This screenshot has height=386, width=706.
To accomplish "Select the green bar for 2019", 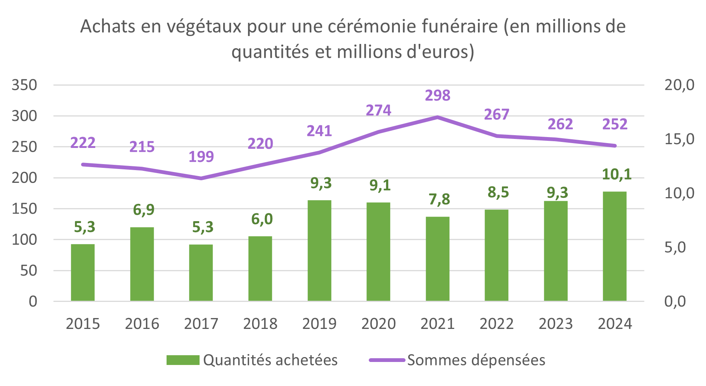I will click(319, 250).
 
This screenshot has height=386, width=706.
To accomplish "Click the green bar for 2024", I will click(614, 246).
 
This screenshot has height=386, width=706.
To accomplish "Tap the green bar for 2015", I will click(83, 273).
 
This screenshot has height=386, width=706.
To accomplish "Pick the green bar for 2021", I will click(437, 259).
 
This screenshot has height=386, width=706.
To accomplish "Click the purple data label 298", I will click(437, 95).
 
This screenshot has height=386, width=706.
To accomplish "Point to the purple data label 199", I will click(201, 157).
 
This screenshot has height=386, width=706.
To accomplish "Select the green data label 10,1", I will click(616, 174).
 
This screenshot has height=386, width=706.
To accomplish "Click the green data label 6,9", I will click(144, 210).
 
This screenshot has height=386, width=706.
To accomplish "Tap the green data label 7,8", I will click(439, 199).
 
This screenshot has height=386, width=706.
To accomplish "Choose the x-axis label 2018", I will click(260, 324).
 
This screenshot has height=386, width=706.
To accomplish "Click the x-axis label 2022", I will click(496, 324).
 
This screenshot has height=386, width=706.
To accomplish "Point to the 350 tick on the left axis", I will click(24, 85).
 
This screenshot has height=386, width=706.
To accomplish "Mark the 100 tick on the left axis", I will click(24, 240).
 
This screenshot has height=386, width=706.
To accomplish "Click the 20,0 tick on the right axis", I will click(679, 85).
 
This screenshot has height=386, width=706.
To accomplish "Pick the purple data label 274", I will click(378, 110).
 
